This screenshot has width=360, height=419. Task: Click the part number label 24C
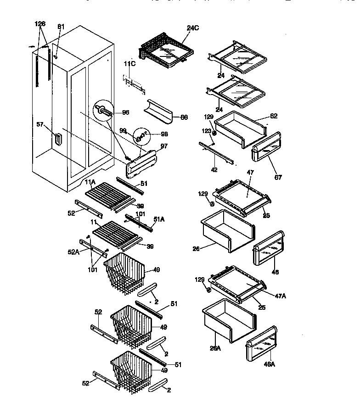click(x=194, y=28)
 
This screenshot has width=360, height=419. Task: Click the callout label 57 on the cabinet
click(x=40, y=124)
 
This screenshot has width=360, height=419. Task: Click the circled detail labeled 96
click(x=104, y=110)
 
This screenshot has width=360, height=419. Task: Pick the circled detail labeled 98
click(x=142, y=135)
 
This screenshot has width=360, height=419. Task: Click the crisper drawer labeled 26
click(x=227, y=231)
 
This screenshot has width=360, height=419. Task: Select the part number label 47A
click(x=280, y=296)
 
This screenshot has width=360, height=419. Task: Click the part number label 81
click(x=62, y=27)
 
